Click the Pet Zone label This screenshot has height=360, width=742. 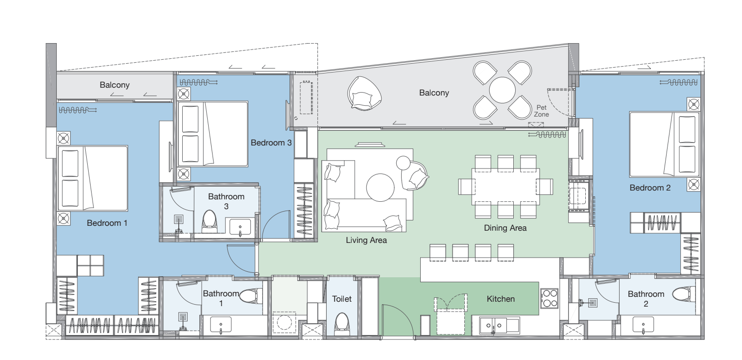coord(541,111)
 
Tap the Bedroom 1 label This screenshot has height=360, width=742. coord(107,223)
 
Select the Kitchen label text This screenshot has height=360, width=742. coord(501,299)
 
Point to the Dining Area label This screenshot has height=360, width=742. coord(505,228)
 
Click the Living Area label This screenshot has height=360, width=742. coord(366,240)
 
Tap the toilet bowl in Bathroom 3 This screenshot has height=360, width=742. coord(209,221)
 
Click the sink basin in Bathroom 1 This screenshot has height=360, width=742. coord(221,325)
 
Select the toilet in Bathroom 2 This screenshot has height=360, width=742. coord(684,294)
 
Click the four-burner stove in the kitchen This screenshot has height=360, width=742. coord(550,298)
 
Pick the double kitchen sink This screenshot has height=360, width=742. coord(500,326)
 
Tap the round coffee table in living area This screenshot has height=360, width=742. coord(380,188)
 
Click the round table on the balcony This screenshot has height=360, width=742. coord(502,90)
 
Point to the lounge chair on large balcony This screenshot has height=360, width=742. coord(364,94)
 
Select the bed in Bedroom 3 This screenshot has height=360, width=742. coord(213,134)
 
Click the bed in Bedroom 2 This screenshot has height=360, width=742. coord(664,144)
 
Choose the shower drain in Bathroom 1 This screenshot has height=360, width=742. coord(183,317)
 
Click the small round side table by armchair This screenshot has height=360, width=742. coord(403,163)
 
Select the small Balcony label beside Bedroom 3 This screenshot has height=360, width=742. coord(115,85)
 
